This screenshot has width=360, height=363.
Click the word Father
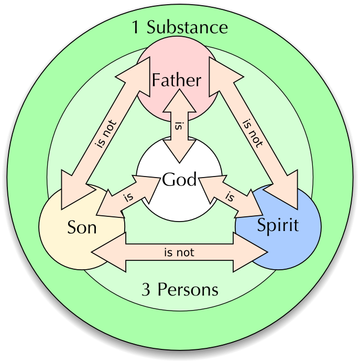coord(176,80)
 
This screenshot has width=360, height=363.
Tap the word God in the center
coord(179,180)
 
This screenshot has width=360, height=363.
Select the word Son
coord(82,228)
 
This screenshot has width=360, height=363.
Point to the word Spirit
coord(278,225)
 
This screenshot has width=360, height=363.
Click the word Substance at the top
coord(187,27)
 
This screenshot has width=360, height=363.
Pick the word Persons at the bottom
coord(188,289)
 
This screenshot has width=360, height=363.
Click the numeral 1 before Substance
coord(136,27)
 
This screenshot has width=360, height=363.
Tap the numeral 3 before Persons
coord(146,289)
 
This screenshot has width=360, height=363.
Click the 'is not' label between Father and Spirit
coord(252,134)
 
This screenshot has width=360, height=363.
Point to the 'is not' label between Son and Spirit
coord(179,252)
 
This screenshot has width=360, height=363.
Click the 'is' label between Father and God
coord(179,126)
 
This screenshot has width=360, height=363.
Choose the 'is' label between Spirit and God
coord(229,197)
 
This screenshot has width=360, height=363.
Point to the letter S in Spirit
coord(261,225)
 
